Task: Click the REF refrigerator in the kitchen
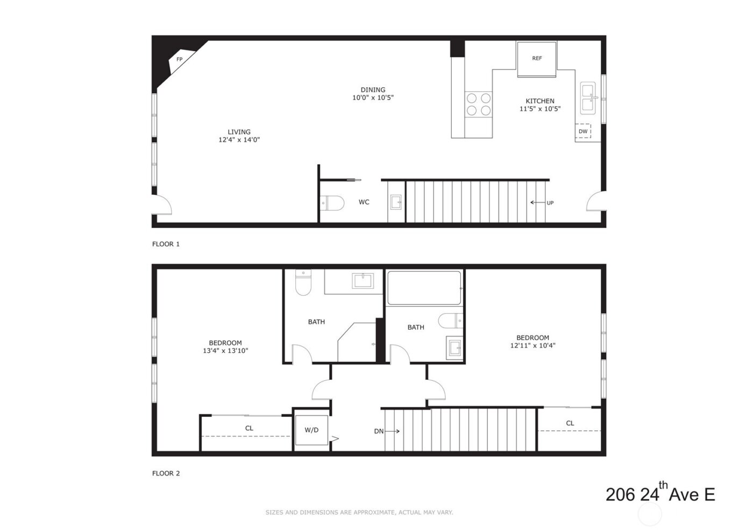[537, 59]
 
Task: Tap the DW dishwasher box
[583, 131]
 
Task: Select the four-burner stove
[479, 104]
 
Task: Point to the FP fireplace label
[180, 60]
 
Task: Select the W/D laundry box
[311, 430]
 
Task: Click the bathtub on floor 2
[424, 288]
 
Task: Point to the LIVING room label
[239, 132]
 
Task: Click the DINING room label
[373, 90]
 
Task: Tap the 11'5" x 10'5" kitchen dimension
[540, 109]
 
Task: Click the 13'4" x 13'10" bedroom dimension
[225, 351]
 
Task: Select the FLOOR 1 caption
[166, 244]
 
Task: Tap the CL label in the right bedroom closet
[570, 423]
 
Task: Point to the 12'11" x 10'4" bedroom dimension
[532, 346]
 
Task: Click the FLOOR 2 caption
[166, 473]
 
